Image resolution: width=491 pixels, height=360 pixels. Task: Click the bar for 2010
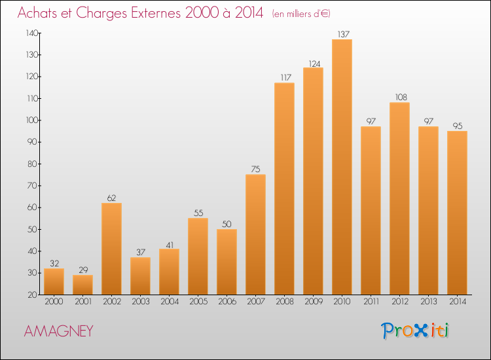click(x=342, y=167)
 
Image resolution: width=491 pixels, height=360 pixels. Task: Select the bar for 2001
click(x=82, y=285)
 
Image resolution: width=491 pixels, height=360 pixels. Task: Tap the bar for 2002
click(x=111, y=249)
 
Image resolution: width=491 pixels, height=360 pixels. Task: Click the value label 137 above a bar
click(x=342, y=34)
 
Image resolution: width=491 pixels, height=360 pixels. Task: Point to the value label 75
click(x=255, y=170)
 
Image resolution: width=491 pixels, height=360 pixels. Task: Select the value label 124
click(x=313, y=63)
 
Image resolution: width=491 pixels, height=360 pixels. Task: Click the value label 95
click(x=457, y=126)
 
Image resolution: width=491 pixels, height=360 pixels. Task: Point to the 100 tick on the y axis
click(x=31, y=120)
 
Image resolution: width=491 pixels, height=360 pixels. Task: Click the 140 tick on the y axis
click(x=31, y=33)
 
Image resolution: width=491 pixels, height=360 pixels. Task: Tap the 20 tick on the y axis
click(x=32, y=295)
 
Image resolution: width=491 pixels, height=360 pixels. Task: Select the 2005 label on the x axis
click(x=198, y=302)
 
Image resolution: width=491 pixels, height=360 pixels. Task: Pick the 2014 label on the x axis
click(x=457, y=302)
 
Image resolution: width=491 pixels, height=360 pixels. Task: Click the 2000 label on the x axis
click(x=54, y=302)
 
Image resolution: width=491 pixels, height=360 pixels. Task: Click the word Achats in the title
click(x=41, y=13)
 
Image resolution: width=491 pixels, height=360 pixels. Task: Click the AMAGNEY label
click(x=58, y=331)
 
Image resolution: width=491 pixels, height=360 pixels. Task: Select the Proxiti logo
click(x=416, y=331)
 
